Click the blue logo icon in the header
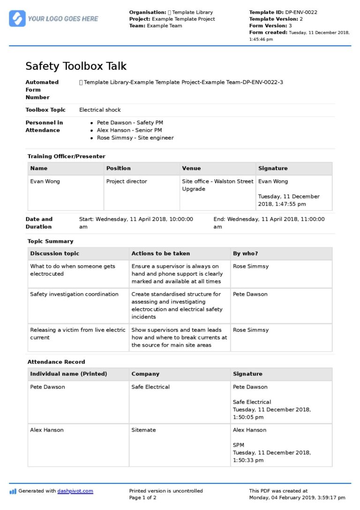point(17,18)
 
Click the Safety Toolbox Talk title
point(76,66)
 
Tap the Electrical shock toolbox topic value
point(100,110)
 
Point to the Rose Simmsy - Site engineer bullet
point(135,138)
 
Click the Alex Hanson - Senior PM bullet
point(129,130)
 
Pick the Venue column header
point(191,168)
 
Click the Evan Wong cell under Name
point(45,182)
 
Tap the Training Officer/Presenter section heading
point(66,156)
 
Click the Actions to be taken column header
point(161,253)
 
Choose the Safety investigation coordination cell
point(74,295)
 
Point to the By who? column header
point(246,253)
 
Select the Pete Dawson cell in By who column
point(250,295)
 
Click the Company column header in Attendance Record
point(145,374)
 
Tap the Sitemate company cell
point(143,430)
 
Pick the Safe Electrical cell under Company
point(150,387)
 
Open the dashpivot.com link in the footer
point(75,491)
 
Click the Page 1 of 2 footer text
point(143,498)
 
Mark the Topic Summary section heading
point(51,241)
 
